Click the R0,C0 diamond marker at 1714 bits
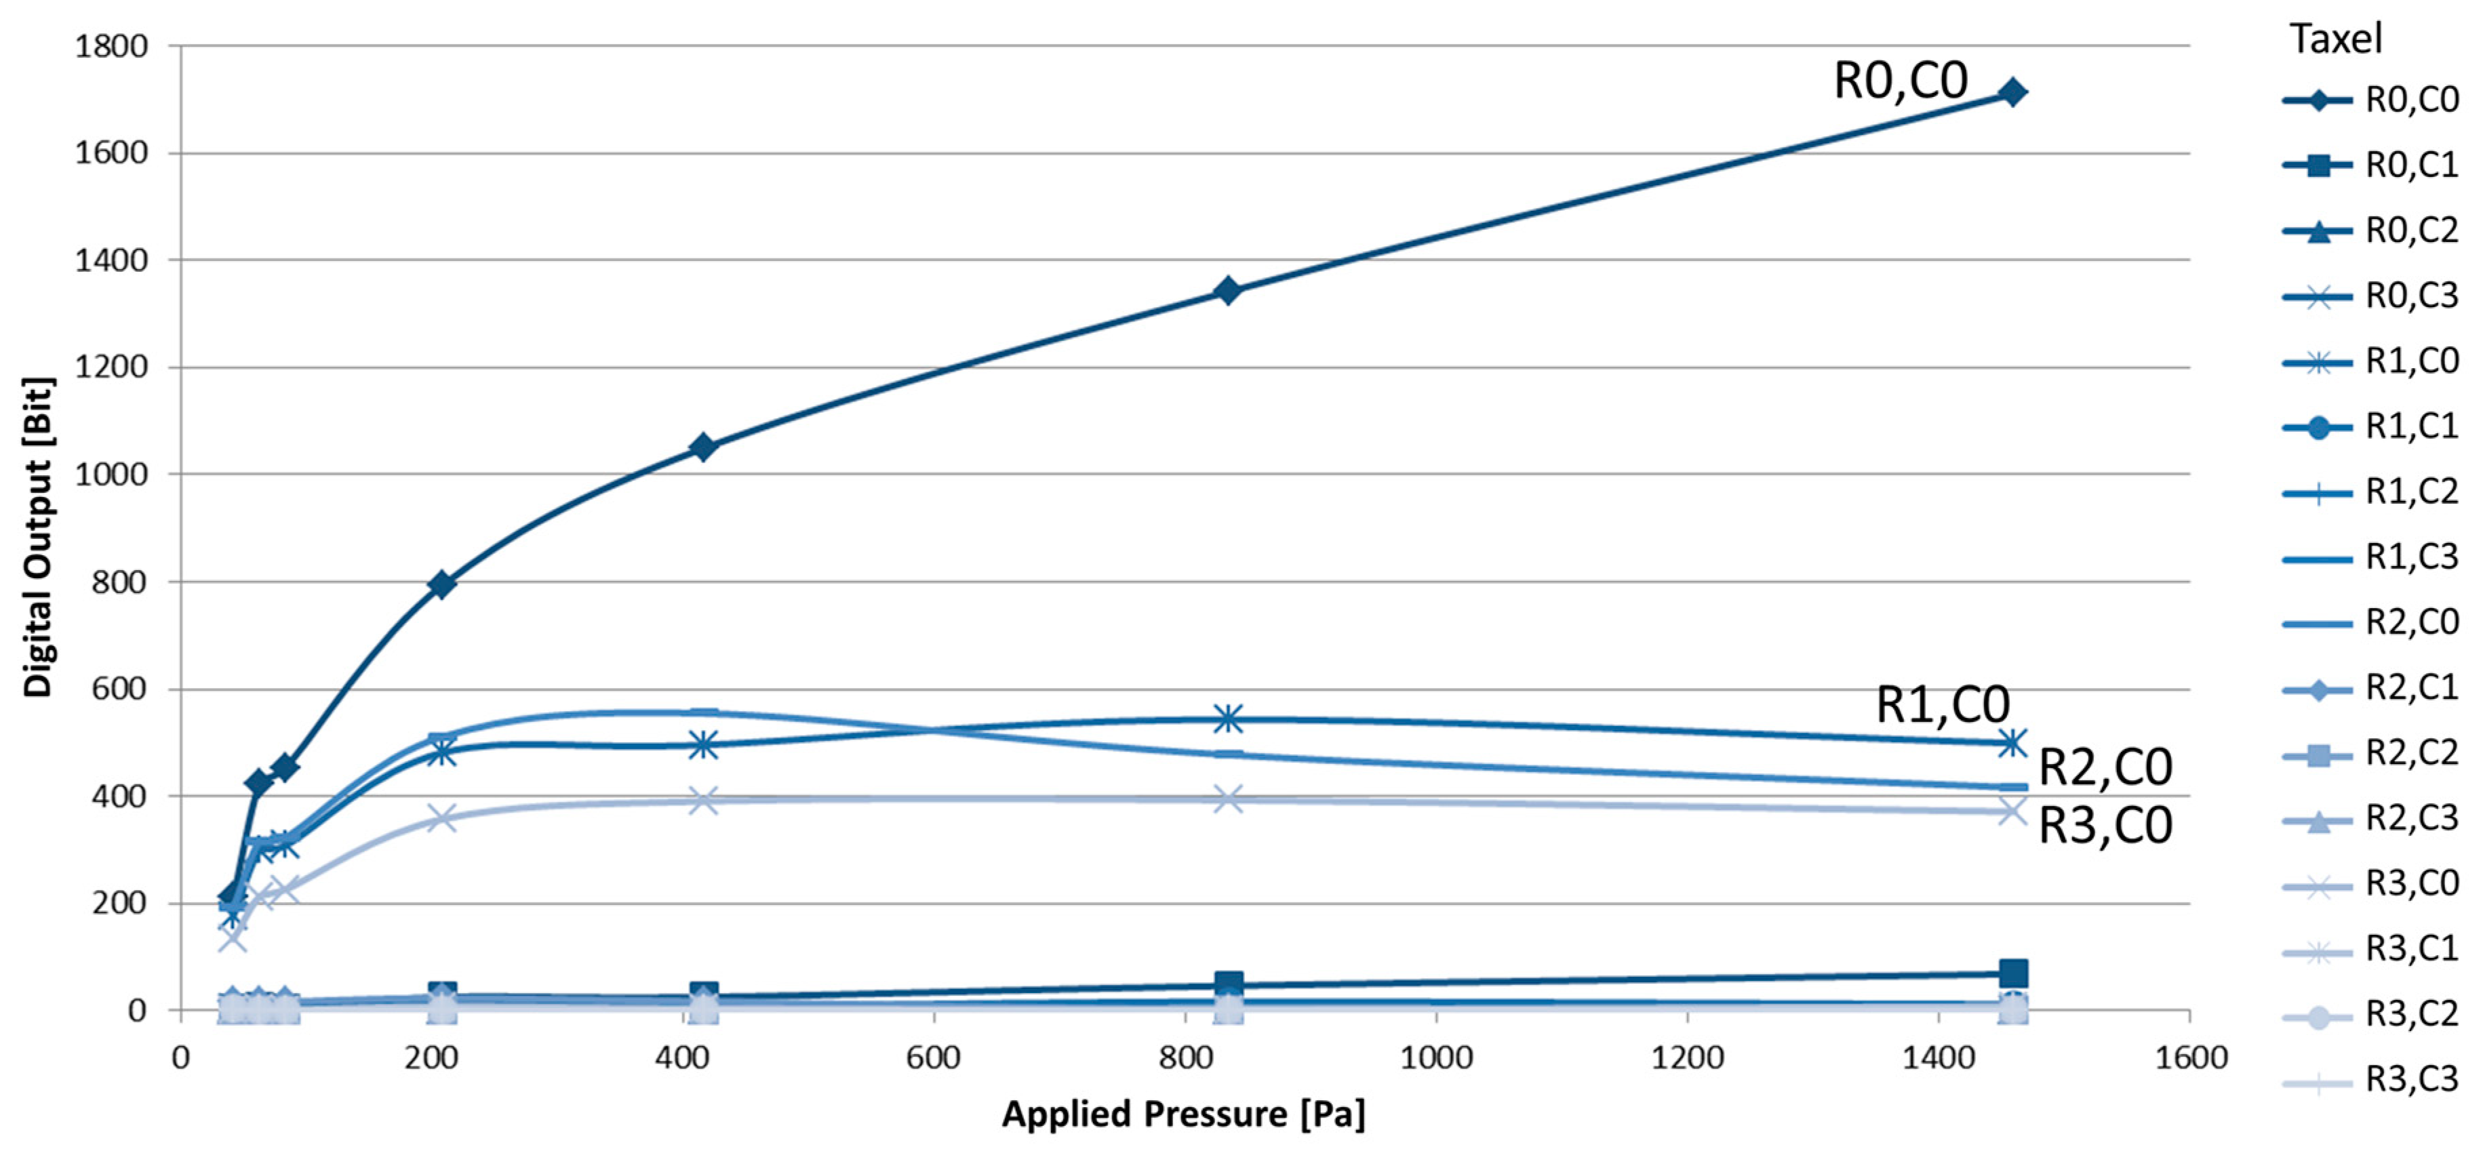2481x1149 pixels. pyautogui.click(x=2011, y=92)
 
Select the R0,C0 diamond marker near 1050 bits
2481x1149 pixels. pyautogui.click(x=703, y=447)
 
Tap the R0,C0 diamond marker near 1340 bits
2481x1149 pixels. pyautogui.click(x=1227, y=290)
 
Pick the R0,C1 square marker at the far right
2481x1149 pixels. pyautogui.click(x=2012, y=973)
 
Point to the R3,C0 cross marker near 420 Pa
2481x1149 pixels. pyautogui.click(x=703, y=801)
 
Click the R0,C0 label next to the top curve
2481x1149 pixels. pyautogui.click(x=1899, y=81)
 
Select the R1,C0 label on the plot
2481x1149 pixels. pyautogui.click(x=1942, y=705)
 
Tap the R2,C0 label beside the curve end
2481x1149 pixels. pyautogui.click(x=2105, y=767)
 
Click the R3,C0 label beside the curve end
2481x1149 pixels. pyautogui.click(x=2105, y=826)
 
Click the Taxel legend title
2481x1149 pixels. pyautogui.click(x=2336, y=39)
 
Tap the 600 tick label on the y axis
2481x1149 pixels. pyautogui.click(x=119, y=689)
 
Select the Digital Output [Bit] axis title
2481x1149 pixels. pyautogui.click(x=39, y=536)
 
